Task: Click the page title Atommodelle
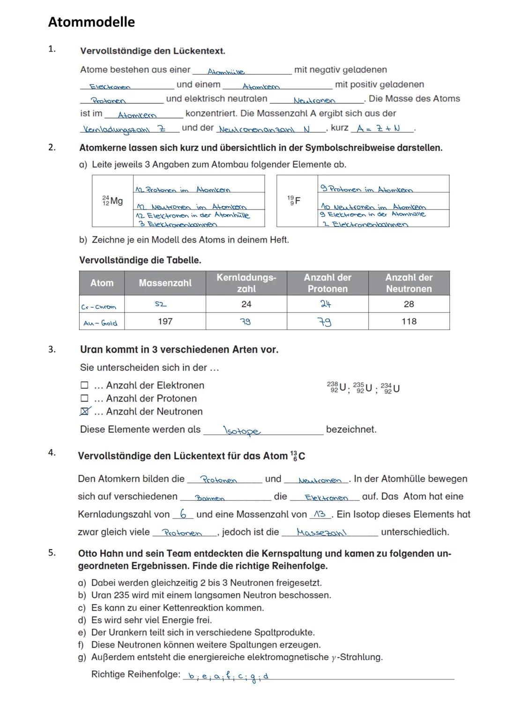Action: tap(91, 22)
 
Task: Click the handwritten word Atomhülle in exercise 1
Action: tap(226, 72)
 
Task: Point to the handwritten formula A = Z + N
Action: tap(378, 128)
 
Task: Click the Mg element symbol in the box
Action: tap(112, 201)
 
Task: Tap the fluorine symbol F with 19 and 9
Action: tap(294, 201)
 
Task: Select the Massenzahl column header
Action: tap(165, 283)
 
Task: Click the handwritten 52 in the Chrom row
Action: tap(160, 304)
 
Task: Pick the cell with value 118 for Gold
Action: tap(409, 321)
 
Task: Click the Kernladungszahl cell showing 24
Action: tap(246, 304)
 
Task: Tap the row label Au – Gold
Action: tap(100, 323)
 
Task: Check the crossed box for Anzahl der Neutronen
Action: tap(84, 411)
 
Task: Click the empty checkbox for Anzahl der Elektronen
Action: tap(84, 385)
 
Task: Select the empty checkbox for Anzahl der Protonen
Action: tap(84, 398)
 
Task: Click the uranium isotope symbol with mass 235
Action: tap(363, 388)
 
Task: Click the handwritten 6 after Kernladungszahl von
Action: tap(184, 514)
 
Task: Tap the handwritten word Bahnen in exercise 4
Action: tap(209, 498)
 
